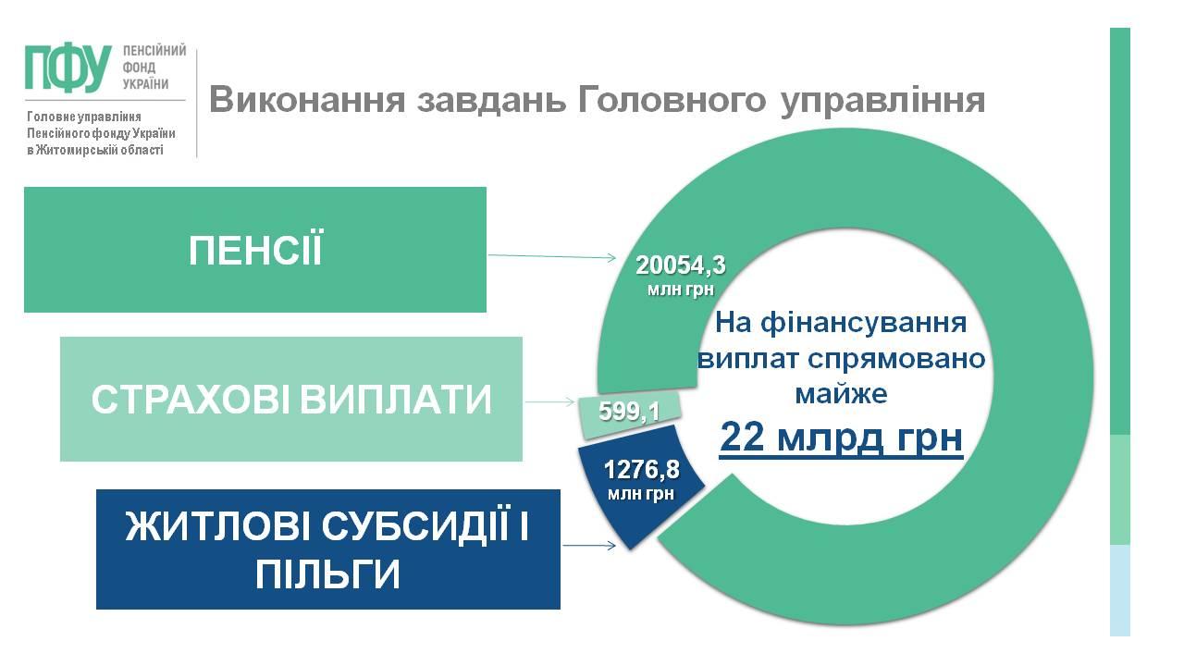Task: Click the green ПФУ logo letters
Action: [68, 68]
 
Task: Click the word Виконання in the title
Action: [307, 99]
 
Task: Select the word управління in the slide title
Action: [882, 101]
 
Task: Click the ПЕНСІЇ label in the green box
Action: [255, 250]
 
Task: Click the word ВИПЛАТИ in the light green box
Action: [396, 399]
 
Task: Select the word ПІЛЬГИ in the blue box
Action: [327, 574]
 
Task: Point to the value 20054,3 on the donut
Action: [681, 265]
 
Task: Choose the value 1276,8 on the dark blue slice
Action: [641, 469]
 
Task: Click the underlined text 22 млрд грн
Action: [841, 438]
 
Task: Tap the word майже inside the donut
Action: [841, 394]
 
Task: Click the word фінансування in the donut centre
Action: [864, 324]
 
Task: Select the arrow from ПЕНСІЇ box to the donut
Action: [552, 256]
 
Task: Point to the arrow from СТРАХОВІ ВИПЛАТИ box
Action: [550, 401]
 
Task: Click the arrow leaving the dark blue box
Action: [589, 545]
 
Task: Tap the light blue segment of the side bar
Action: [1119, 590]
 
